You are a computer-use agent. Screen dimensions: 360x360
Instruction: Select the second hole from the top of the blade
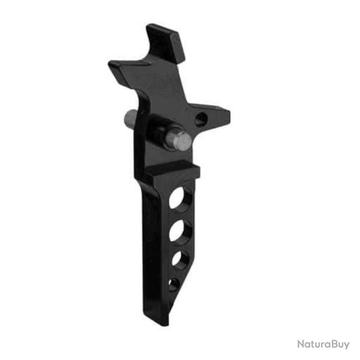coord(180,230)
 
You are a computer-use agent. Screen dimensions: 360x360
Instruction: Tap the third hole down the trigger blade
coord(179,259)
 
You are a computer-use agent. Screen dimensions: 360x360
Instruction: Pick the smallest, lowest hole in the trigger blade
coord(174,284)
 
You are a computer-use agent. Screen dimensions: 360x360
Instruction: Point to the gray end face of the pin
coord(179,141)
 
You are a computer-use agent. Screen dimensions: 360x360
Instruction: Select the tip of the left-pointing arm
coord(112,64)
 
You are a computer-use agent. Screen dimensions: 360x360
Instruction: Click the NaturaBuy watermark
coord(323,344)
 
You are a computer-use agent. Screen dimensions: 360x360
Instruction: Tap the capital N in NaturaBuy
coord(301,344)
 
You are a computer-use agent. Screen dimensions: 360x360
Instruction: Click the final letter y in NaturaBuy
coord(346,346)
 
